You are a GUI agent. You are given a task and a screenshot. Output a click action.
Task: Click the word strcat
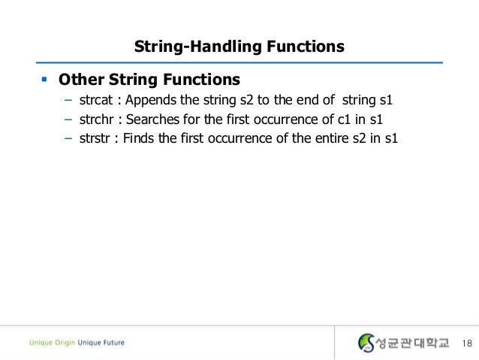click(x=95, y=100)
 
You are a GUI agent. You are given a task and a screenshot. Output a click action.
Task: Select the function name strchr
click(x=95, y=119)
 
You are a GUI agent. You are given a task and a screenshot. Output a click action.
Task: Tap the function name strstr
click(x=95, y=138)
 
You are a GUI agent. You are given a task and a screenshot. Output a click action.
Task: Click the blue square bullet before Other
click(x=44, y=78)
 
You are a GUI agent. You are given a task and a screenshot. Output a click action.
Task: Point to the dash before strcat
click(x=68, y=100)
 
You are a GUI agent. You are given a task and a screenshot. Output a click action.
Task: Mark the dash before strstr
click(x=68, y=138)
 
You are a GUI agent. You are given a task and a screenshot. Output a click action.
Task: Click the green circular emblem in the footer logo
click(x=366, y=343)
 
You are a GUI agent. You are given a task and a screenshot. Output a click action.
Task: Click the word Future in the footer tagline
click(x=112, y=343)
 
